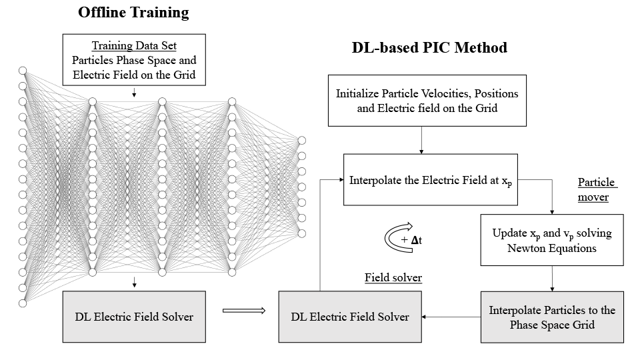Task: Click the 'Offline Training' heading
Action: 133,13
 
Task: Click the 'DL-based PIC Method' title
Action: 429,48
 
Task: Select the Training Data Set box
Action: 134,61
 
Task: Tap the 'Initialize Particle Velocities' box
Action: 427,100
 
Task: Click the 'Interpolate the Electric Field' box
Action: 427,180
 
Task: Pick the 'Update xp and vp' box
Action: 551,241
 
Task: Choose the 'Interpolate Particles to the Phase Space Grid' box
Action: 551,317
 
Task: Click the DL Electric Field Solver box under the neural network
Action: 134,317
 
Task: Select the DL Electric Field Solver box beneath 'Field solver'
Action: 350,317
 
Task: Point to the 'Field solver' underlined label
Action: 393,277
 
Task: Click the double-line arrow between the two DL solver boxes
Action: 243,310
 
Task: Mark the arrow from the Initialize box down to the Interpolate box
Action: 421,141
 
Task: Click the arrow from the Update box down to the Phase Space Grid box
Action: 551,279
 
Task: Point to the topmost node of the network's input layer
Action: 22,71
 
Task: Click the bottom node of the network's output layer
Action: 301,233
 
